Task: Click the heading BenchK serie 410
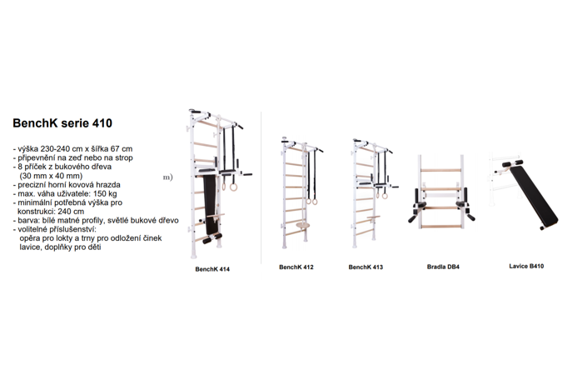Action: [62, 123]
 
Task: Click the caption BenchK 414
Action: [212, 269]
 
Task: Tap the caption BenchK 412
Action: [296, 267]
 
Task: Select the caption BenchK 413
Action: [366, 267]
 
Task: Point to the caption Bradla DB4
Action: [443, 267]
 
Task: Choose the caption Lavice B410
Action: [526, 266]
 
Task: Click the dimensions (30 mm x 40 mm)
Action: [51, 176]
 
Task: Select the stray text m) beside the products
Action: [168, 177]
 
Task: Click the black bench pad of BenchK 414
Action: [210, 204]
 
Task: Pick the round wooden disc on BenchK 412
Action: [303, 225]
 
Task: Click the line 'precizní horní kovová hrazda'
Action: [67, 185]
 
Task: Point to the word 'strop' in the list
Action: [124, 157]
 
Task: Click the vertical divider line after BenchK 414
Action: [261, 187]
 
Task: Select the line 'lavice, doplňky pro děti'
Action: [60, 247]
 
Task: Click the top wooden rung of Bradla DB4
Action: [440, 170]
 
